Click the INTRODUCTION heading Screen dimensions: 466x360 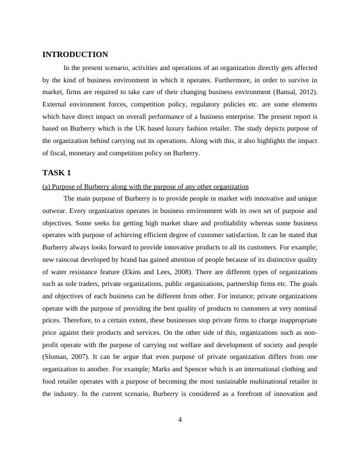[75, 55]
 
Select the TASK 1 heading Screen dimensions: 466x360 [56, 173]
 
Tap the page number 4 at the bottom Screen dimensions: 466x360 [180, 419]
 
